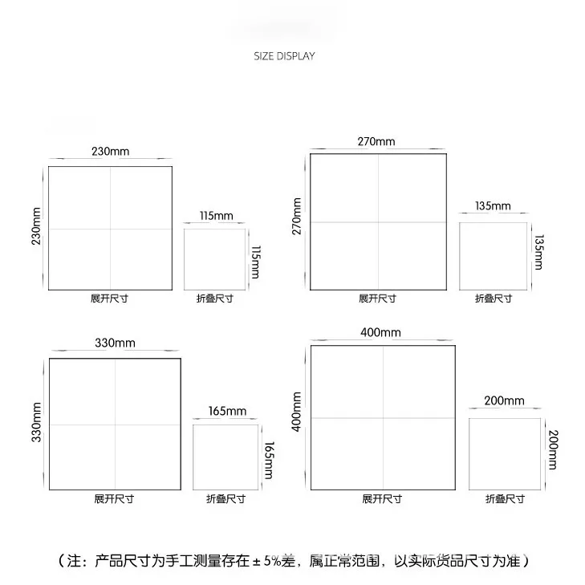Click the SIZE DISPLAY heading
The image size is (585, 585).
click(284, 56)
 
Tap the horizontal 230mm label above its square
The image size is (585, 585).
click(110, 151)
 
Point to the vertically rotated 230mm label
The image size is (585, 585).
click(36, 227)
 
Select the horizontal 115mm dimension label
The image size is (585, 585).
click(215, 215)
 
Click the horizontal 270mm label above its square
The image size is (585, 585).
click(376, 142)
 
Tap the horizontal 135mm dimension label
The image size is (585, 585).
click(493, 206)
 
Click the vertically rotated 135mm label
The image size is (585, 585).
click(538, 252)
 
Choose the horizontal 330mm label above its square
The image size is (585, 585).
click(115, 343)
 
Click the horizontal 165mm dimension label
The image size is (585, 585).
click(227, 412)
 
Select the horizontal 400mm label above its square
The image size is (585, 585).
click(381, 332)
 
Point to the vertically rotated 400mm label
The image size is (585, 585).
click(297, 412)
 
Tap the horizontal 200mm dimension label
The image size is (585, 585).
click(504, 401)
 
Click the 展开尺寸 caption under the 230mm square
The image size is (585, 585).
click(110, 298)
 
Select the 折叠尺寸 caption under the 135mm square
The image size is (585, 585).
click(493, 298)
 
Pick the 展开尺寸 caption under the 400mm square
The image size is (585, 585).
click(381, 498)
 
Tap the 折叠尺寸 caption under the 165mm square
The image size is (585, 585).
click(225, 498)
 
